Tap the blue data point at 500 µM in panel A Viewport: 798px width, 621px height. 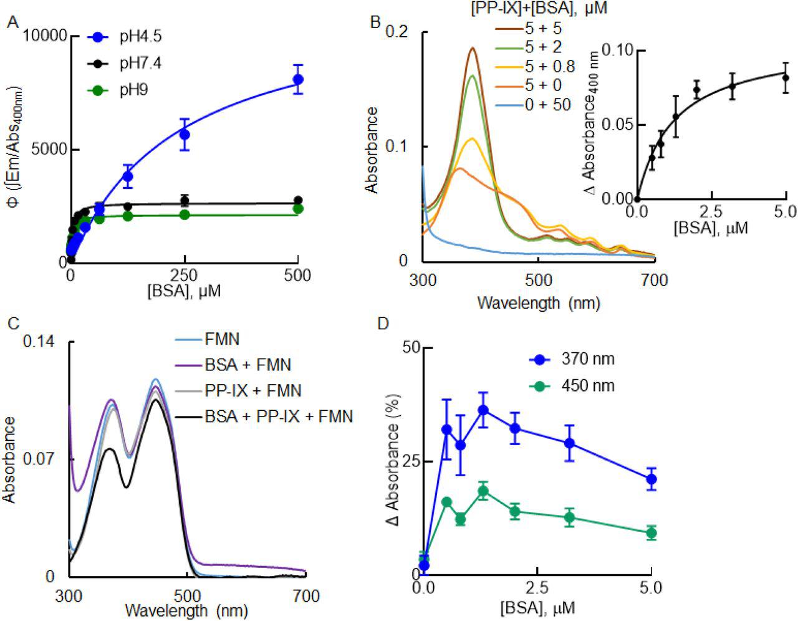click(x=298, y=79)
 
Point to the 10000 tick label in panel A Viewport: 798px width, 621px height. click(x=45, y=36)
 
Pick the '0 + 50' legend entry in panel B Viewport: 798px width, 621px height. click(x=547, y=104)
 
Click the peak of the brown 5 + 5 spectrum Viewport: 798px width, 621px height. click(x=473, y=48)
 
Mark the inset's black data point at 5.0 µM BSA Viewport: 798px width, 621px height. click(x=786, y=78)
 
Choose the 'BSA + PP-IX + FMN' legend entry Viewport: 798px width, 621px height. click(x=279, y=416)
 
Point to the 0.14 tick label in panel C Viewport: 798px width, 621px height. click(x=39, y=341)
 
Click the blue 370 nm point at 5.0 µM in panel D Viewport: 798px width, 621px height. click(x=651, y=479)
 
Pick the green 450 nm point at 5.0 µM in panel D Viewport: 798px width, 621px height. click(x=651, y=533)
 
